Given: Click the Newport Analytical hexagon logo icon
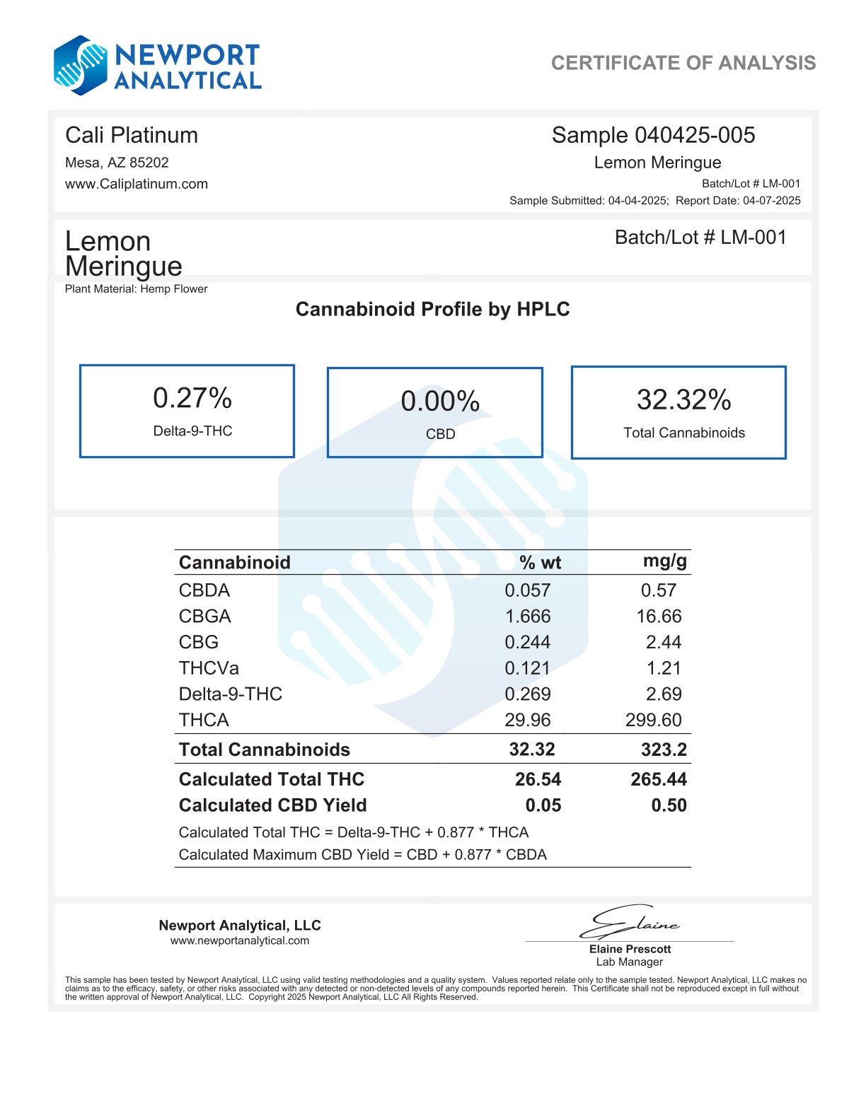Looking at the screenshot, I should pyautogui.click(x=80, y=65).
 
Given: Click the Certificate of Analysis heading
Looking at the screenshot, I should pyautogui.click(x=683, y=63).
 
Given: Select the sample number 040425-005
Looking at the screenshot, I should pyautogui.click(x=695, y=135).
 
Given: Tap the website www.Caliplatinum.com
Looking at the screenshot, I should pyautogui.click(x=137, y=184).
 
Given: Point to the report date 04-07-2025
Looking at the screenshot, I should pyautogui.click(x=771, y=201).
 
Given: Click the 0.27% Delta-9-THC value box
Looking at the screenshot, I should pyautogui.click(x=187, y=411).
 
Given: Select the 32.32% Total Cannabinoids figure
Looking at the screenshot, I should pyautogui.click(x=683, y=399).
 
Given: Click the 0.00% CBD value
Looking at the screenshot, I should pyautogui.click(x=440, y=402).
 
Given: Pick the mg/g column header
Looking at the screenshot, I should pyautogui.click(x=664, y=561).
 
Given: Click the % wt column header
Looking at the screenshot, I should pyautogui.click(x=540, y=563).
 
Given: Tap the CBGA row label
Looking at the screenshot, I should pyautogui.click(x=205, y=617).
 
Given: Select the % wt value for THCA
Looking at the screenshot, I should pyautogui.click(x=528, y=720).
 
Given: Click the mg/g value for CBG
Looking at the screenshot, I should pyautogui.click(x=664, y=642).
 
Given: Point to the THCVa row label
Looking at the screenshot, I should pyautogui.click(x=209, y=668).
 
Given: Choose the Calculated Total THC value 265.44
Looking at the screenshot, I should pyautogui.click(x=659, y=779).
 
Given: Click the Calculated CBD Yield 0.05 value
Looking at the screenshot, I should pyautogui.click(x=543, y=805).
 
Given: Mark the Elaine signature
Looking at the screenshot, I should pyautogui.click(x=630, y=922).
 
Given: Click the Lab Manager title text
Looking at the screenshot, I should pyautogui.click(x=630, y=962).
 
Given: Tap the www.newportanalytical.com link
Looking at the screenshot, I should pyautogui.click(x=240, y=940).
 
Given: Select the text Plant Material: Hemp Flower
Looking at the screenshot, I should pyautogui.click(x=137, y=288).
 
